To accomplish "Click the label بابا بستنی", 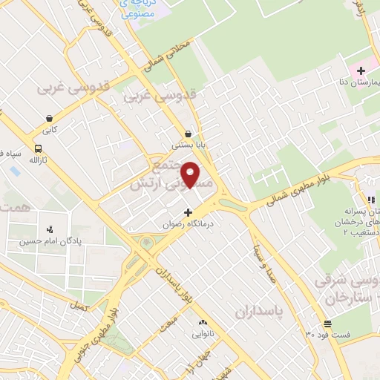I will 188,145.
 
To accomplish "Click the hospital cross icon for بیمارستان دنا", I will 361,71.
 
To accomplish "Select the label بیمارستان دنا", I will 358,82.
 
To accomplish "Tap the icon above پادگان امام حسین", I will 49,229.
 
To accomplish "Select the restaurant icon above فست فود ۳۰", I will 327,322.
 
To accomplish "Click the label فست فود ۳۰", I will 327,333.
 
